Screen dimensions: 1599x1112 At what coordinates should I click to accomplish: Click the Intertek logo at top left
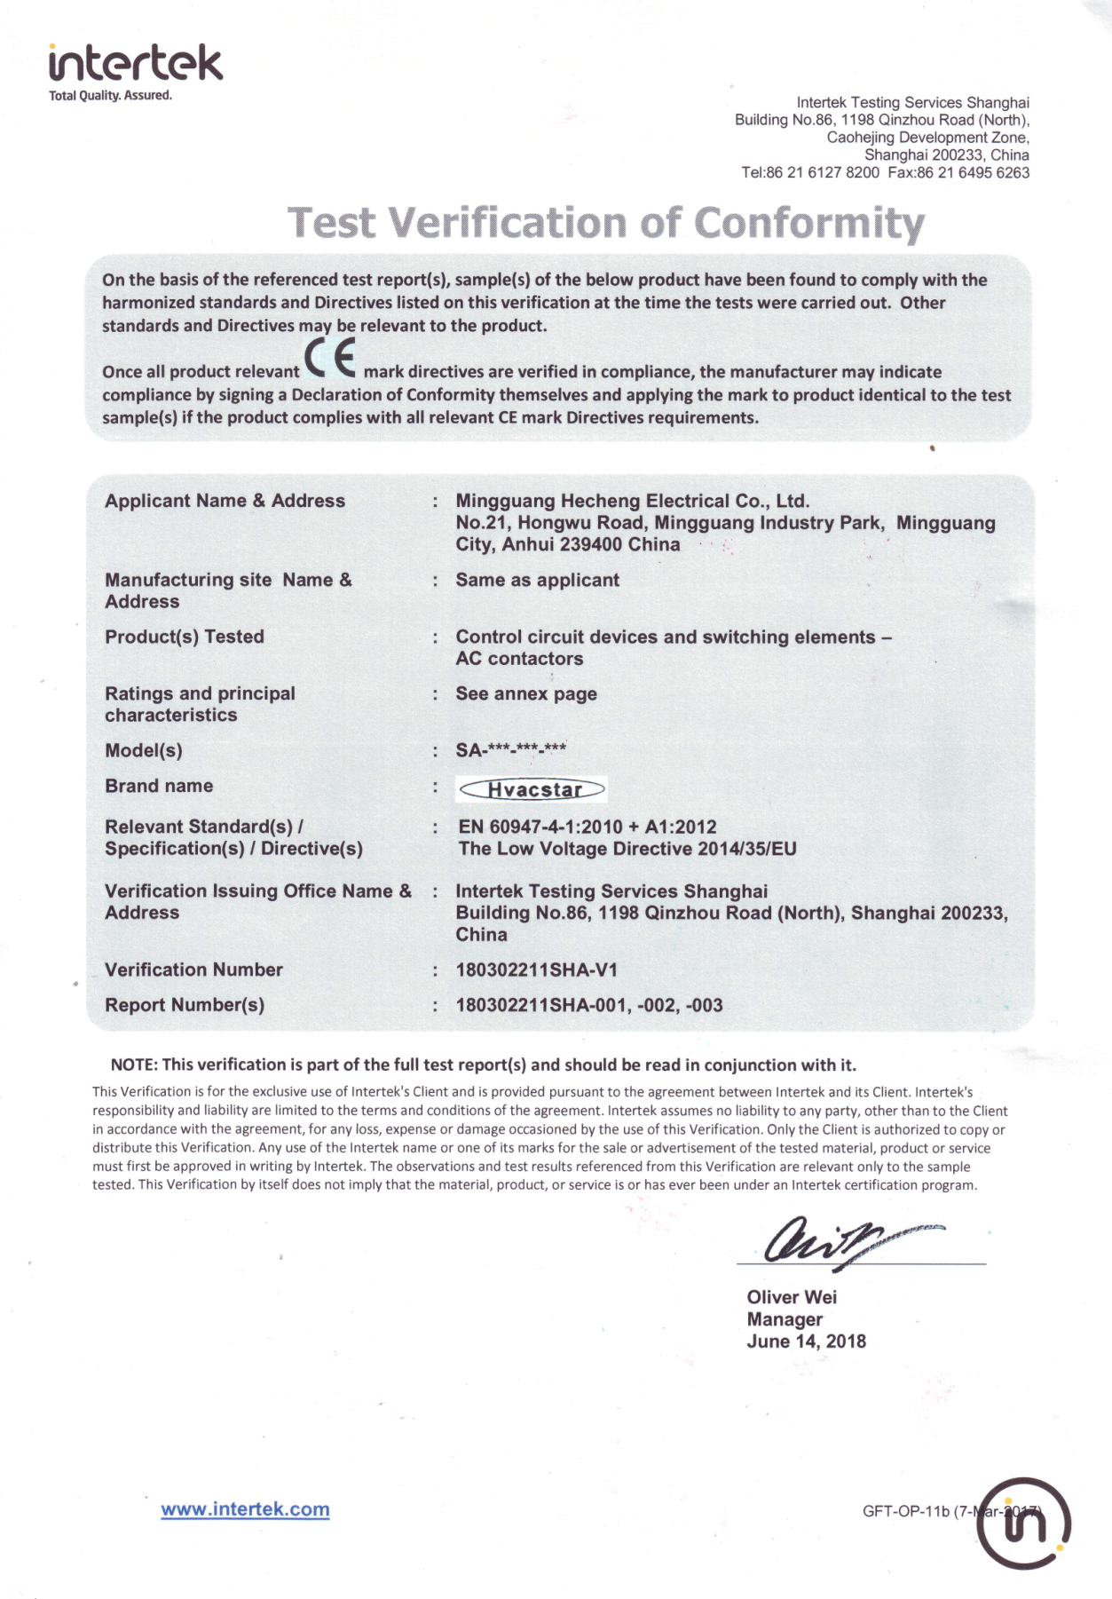coord(136,64)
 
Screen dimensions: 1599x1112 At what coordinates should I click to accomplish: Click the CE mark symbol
coord(330,360)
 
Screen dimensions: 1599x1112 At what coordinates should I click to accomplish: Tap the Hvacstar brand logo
coord(532,789)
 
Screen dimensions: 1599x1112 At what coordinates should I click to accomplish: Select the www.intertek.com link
coord(245,1509)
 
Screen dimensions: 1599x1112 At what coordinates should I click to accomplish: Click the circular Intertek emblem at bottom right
coord(1025,1524)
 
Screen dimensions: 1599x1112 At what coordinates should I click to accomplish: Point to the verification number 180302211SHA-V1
coord(536,970)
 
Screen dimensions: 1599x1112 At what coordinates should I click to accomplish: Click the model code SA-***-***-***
coord(511,750)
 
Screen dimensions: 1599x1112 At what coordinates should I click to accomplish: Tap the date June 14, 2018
coord(806,1342)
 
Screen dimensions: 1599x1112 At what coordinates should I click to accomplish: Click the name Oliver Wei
coord(792,1297)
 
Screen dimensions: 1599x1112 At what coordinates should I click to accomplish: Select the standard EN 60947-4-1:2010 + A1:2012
coord(587,827)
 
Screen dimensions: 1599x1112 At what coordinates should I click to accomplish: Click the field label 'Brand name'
coord(159,786)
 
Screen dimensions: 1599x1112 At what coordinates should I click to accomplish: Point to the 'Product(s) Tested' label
coord(185,637)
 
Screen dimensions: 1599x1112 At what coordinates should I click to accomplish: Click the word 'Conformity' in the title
coord(808,223)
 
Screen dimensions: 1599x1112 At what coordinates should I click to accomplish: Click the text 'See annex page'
coord(526,693)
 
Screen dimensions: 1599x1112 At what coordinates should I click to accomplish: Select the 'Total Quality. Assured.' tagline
coord(110,96)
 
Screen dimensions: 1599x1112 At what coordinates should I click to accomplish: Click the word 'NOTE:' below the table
coord(134,1065)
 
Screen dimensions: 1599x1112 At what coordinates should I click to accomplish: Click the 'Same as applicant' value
coord(537,580)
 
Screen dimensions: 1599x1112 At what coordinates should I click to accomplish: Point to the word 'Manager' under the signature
coord(785,1319)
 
